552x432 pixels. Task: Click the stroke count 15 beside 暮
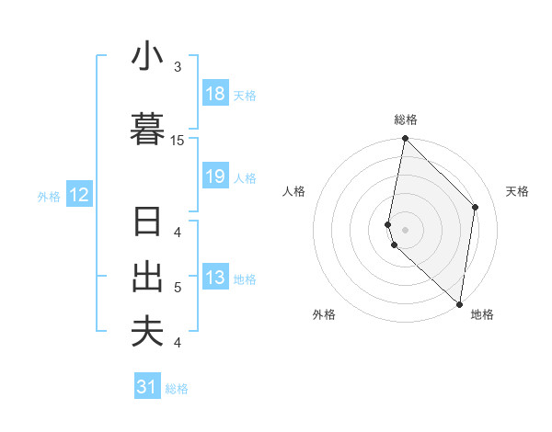coord(178,140)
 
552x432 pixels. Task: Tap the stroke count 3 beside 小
coord(178,67)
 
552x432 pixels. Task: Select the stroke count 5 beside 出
coord(178,288)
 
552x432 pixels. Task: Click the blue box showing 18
coord(215,94)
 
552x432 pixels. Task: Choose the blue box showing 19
coord(215,176)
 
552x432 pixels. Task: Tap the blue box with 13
coord(215,278)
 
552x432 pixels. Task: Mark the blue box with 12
coord(79,195)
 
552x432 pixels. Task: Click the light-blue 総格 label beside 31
coord(177,389)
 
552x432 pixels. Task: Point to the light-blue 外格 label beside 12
coord(49,196)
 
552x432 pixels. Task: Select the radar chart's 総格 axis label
coord(405,119)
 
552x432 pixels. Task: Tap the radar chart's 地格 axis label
coord(482,315)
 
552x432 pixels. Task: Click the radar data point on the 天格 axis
coord(476,207)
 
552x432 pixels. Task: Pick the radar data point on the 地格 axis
coord(460,303)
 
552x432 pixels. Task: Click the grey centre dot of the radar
coord(405,229)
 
